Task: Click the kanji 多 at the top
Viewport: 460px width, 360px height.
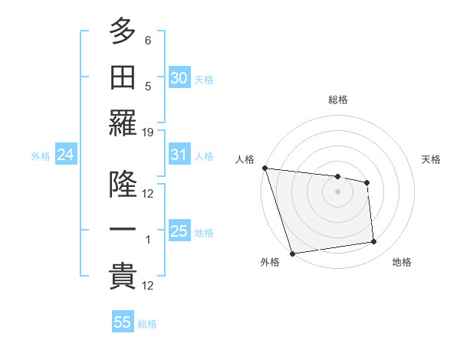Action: tap(123, 32)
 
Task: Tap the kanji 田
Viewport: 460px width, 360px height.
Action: tap(123, 78)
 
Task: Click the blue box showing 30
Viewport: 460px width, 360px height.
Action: tap(179, 78)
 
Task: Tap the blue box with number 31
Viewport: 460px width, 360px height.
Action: tap(179, 155)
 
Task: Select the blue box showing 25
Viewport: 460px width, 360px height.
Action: tap(179, 232)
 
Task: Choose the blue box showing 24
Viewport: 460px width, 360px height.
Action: tap(66, 155)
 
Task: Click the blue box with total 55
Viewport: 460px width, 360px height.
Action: tap(123, 322)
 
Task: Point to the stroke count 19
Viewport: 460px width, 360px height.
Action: tap(148, 133)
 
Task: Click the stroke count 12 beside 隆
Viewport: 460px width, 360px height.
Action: tap(148, 194)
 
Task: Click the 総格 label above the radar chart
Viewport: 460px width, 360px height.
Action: tap(338, 100)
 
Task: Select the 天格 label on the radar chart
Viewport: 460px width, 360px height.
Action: tap(431, 159)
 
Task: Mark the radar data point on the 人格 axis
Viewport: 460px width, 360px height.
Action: tap(264, 168)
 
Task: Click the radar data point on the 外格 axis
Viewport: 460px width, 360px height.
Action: tap(293, 253)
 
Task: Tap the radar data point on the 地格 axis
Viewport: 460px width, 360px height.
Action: tap(374, 242)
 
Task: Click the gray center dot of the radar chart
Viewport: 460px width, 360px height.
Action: tap(337, 191)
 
